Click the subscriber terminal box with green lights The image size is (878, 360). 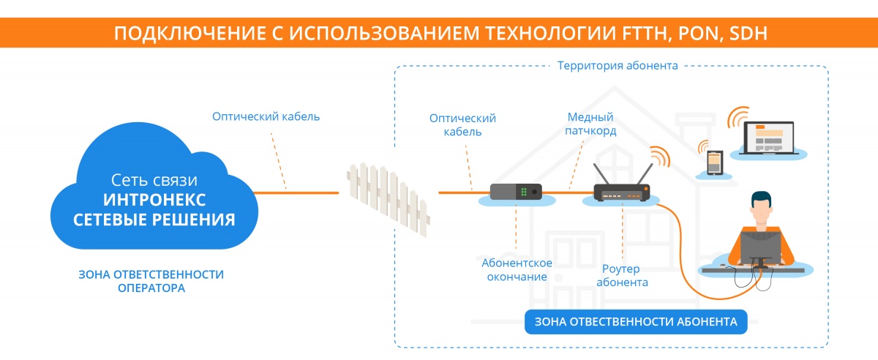[x=516, y=192]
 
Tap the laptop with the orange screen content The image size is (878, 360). [x=769, y=137]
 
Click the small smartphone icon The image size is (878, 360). [x=714, y=163]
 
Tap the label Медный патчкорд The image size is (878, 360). [x=591, y=124]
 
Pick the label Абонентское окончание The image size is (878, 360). [x=517, y=269]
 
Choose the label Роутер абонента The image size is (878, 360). [x=622, y=275]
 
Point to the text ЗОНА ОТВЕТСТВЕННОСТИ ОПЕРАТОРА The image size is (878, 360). [x=151, y=281]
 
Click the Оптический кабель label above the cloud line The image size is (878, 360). [x=266, y=116]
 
